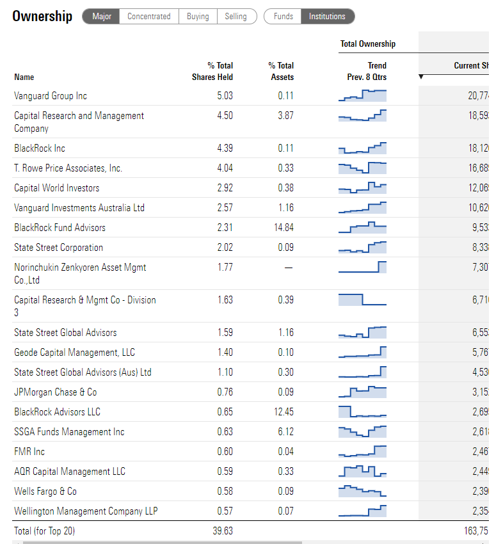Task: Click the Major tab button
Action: point(101,17)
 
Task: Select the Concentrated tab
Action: point(148,17)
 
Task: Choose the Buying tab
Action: point(198,17)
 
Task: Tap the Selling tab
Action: point(236,17)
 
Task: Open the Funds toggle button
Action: point(283,17)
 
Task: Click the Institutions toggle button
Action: point(327,17)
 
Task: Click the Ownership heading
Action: point(42,17)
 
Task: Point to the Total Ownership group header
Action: point(368,44)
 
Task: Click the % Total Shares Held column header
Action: point(212,71)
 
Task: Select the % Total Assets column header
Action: point(281,71)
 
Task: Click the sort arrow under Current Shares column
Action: point(420,77)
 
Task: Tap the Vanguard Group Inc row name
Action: point(51,96)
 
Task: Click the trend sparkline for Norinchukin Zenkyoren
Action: point(362,267)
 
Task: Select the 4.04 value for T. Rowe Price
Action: point(225,168)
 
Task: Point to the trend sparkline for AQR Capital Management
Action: point(362,472)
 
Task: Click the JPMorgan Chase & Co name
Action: point(56,392)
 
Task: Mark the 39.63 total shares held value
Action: point(223,531)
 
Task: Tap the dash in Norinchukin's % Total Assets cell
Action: point(288,268)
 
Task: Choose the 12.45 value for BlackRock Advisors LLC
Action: point(283,412)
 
